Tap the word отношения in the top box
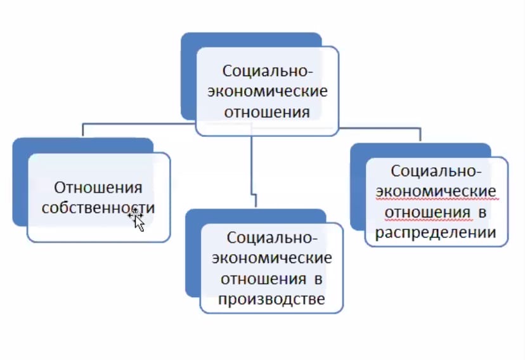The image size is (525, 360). pos(267,113)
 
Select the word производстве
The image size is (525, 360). pos(271,299)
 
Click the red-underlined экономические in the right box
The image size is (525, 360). pos(436,191)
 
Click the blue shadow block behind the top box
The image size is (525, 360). pos(190,76)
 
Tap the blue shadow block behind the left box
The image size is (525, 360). pos(20,184)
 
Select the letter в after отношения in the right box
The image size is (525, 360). pos(482,212)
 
